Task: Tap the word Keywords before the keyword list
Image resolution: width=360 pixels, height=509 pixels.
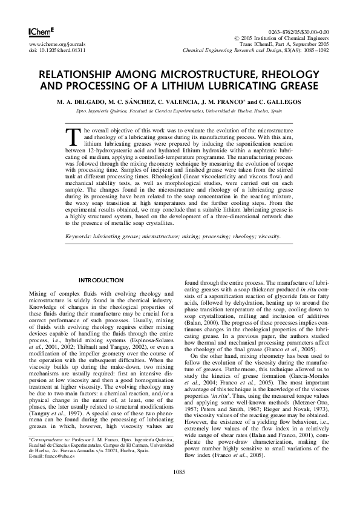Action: (79, 238)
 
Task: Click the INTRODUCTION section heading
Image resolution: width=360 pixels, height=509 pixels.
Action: (102, 280)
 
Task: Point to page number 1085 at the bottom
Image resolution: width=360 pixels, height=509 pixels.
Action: (180, 487)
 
